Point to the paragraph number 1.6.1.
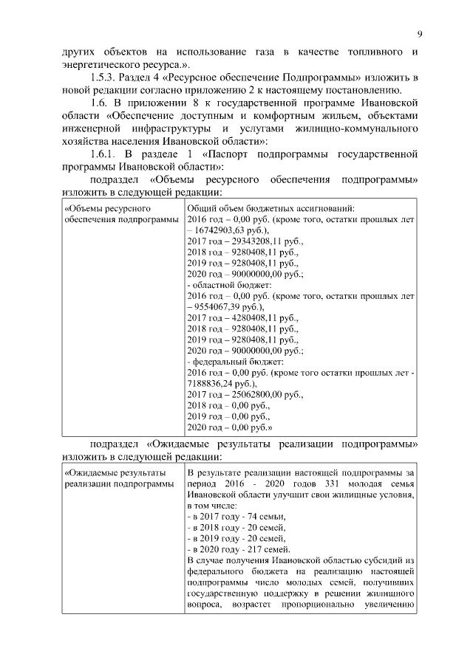pyautogui.click(x=103, y=154)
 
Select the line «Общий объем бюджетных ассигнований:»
pyautogui.click(x=271, y=208)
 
